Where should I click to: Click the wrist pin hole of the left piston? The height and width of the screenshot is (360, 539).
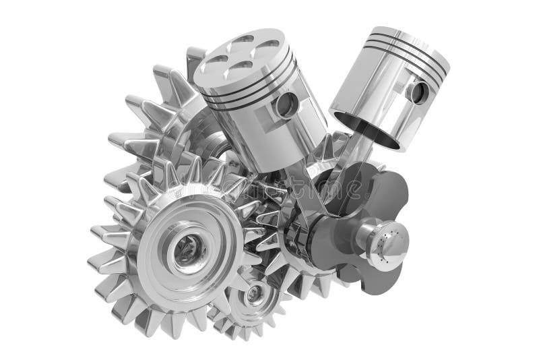click(x=286, y=104)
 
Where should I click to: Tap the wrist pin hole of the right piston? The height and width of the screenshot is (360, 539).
click(x=418, y=92)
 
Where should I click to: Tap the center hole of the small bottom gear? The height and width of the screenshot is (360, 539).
click(x=255, y=294)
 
